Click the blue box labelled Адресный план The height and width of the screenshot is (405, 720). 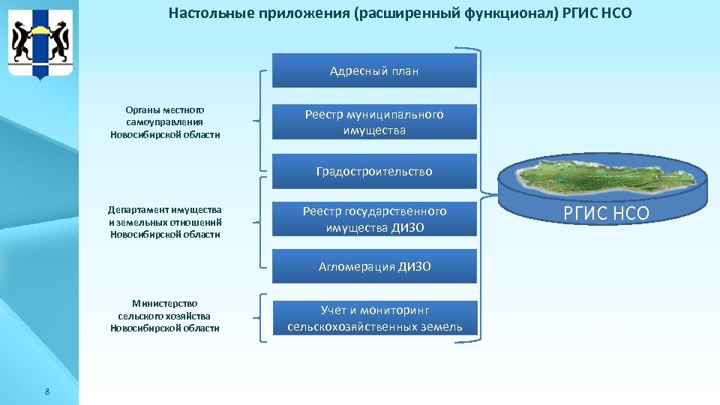click(373, 71)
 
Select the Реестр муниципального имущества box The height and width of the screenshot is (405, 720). click(373, 122)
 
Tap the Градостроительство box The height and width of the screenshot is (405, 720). click(373, 171)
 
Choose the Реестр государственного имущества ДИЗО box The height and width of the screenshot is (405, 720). click(373, 220)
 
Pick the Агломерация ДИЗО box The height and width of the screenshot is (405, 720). click(373, 266)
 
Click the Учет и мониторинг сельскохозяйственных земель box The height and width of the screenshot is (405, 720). click(373, 318)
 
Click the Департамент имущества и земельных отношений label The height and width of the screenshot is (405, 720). click(165, 222)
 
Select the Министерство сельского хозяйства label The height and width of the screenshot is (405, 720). click(165, 316)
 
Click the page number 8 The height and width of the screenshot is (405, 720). click(47, 391)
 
